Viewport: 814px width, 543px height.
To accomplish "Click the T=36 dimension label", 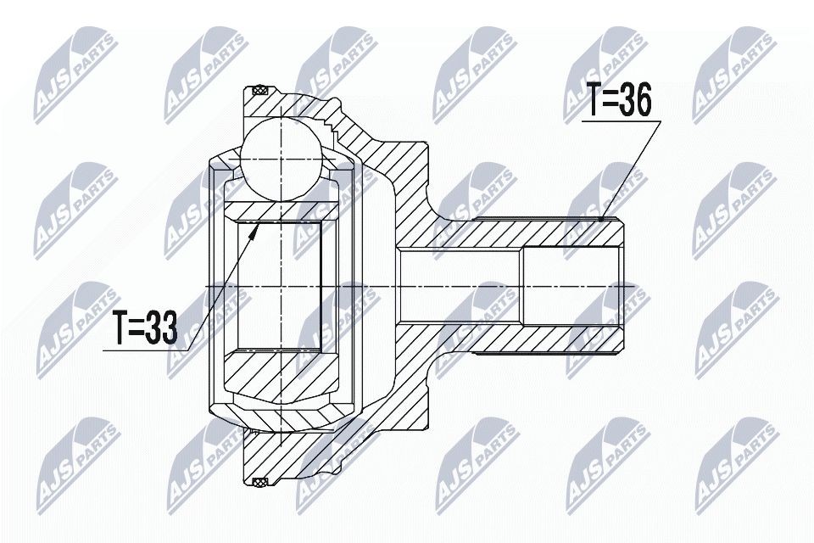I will pos(618,102).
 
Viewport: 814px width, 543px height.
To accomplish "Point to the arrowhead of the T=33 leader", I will pos(254,225).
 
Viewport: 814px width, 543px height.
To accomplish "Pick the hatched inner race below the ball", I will pos(280,210).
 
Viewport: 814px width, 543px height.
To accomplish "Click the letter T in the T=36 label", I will pos(594,102).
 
